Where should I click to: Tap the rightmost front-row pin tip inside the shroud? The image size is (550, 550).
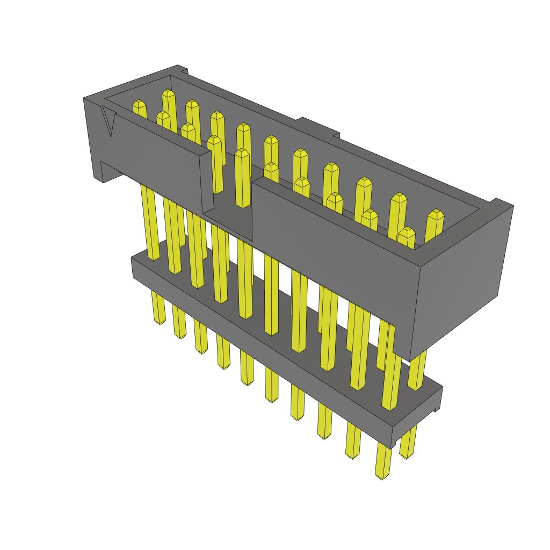pyautogui.click(x=407, y=232)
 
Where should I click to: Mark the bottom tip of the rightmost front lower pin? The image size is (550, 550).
pyautogui.click(x=381, y=476)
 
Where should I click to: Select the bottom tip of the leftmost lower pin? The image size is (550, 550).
pyautogui.click(x=160, y=322)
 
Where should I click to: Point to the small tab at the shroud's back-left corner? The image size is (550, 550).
pyautogui.click(x=182, y=69)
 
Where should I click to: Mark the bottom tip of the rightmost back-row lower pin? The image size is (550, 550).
pyautogui.click(x=407, y=455)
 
